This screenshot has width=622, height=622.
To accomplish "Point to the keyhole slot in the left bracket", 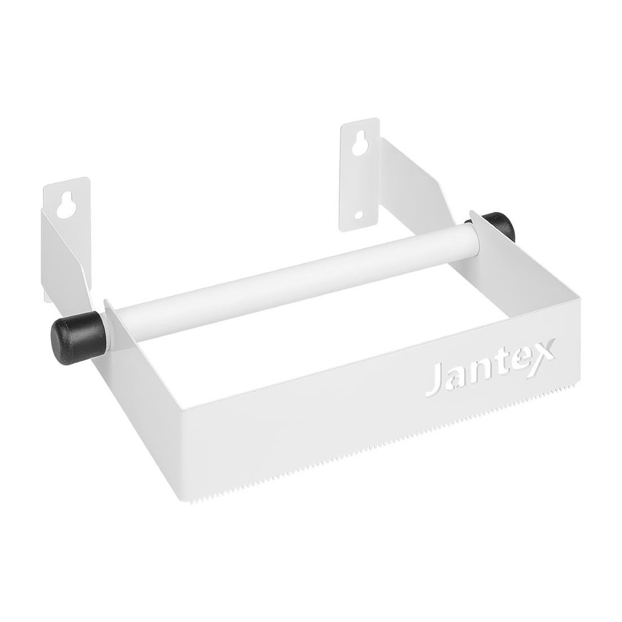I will coord(64,205).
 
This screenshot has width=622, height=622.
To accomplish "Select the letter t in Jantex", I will coord(493,366).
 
